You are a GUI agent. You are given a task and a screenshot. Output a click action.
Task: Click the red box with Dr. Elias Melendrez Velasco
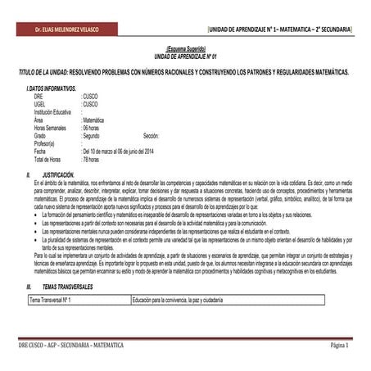(54, 29)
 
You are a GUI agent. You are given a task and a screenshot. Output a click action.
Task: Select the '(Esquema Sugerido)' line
(185, 49)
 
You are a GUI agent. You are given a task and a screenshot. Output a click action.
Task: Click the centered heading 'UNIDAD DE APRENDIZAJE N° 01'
(185, 55)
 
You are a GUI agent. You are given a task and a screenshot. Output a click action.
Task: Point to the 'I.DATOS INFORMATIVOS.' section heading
(52, 88)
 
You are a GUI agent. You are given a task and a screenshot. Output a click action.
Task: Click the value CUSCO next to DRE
(91, 97)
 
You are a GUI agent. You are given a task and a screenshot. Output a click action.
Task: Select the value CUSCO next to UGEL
(91, 104)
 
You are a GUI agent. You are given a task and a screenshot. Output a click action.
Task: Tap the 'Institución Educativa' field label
(54, 111)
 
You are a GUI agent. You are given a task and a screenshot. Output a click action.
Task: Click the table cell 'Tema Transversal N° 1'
(51, 301)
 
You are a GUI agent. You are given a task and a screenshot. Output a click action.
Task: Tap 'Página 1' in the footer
(339, 346)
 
